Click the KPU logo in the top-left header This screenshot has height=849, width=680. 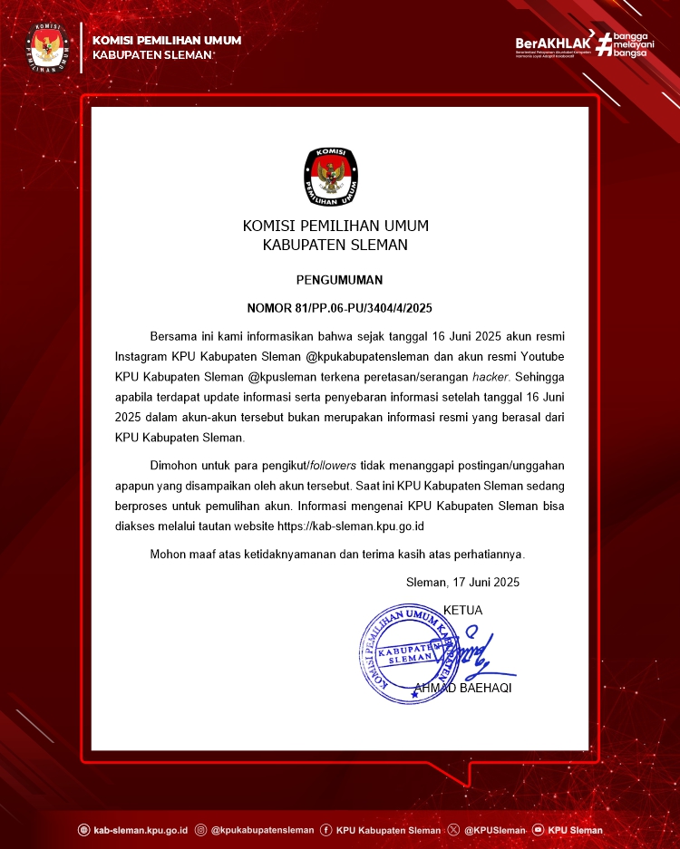(x=47, y=48)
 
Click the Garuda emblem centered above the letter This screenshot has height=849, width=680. (x=331, y=176)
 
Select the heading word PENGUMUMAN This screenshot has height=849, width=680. (x=339, y=280)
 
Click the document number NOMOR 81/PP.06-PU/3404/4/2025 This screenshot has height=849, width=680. (x=339, y=307)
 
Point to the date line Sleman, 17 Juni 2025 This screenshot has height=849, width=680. (x=463, y=582)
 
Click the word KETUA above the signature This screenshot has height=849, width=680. (x=463, y=610)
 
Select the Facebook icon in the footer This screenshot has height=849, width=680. (x=325, y=829)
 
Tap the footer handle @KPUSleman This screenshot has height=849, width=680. (x=494, y=829)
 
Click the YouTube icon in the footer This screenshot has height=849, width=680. (x=539, y=829)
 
